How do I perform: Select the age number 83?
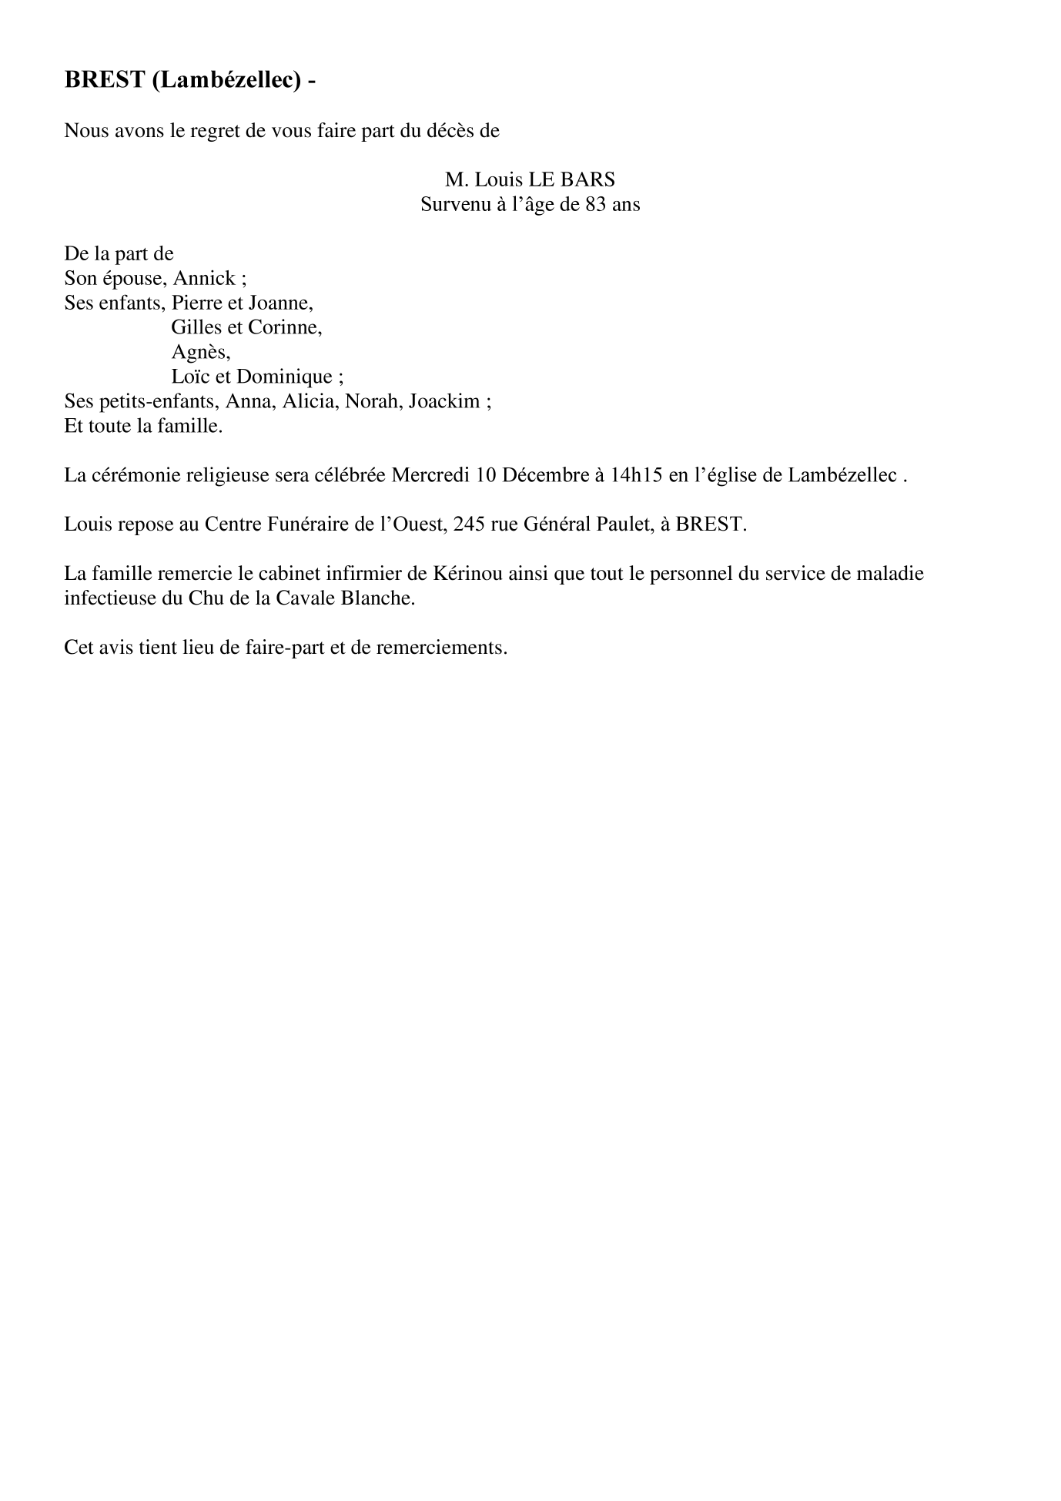pyautogui.click(x=596, y=205)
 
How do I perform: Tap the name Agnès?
pyautogui.click(x=200, y=352)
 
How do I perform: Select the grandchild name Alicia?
pyautogui.click(x=311, y=401)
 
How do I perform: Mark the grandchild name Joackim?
pyautogui.click(x=448, y=401)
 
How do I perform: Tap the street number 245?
pyautogui.click(x=469, y=524)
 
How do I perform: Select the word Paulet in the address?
pyautogui.click(x=640, y=524)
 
